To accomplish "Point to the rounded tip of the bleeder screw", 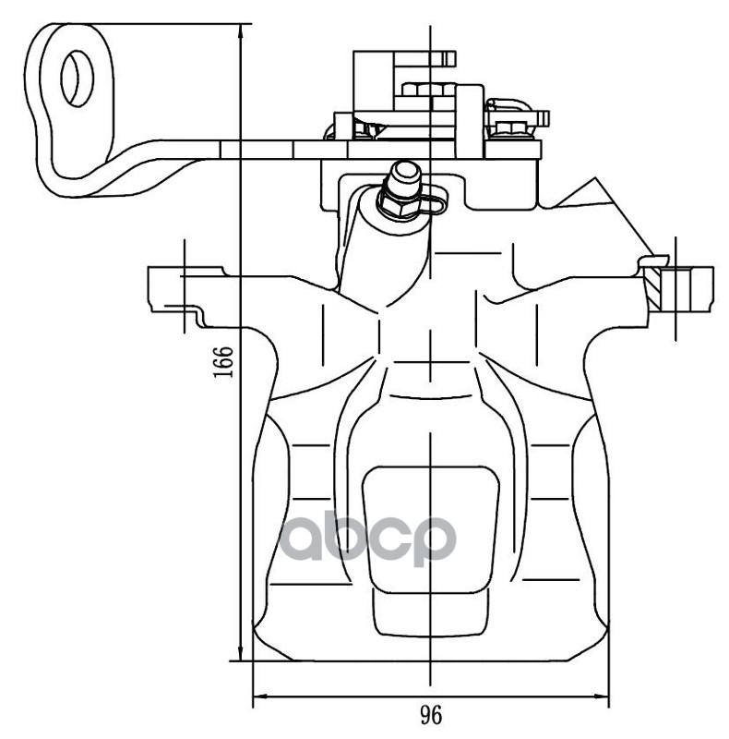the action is pyautogui.click(x=403, y=171).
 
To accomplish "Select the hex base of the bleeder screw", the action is pyautogui.click(x=399, y=206).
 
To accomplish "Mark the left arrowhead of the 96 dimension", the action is pyautogui.click(x=259, y=694).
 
